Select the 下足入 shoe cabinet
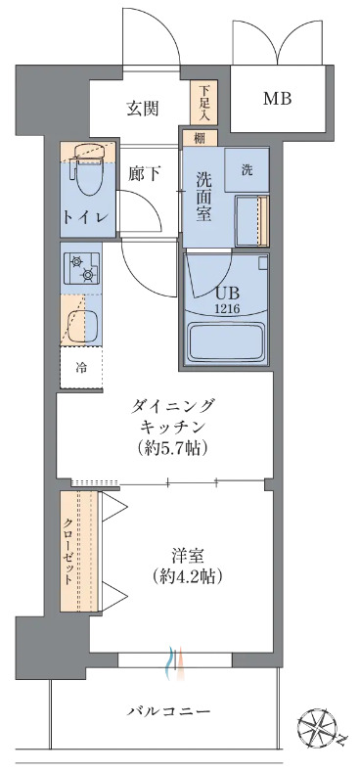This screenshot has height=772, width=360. pyautogui.click(x=204, y=101)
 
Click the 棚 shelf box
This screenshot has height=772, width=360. pyautogui.click(x=199, y=138)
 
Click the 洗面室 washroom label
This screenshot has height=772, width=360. pyautogui.click(x=204, y=195)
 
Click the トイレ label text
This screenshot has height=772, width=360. pyautogui.click(x=85, y=216)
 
